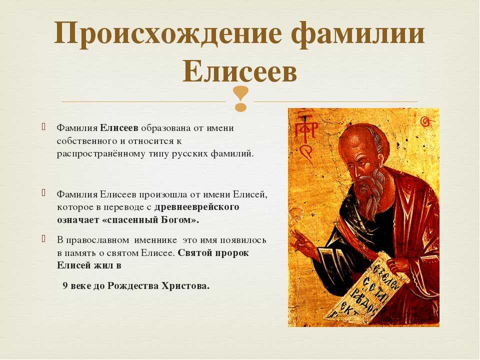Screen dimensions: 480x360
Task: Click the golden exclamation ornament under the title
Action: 240,98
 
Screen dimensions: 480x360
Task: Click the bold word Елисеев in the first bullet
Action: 119,127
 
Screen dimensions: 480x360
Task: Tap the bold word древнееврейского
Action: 196,207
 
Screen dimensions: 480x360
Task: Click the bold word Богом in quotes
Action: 177,220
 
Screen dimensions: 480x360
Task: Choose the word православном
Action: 96,240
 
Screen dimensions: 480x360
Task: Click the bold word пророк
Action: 231,253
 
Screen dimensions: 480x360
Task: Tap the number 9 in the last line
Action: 65,286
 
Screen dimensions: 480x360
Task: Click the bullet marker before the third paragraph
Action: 44,238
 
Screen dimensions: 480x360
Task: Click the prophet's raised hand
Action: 302,245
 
